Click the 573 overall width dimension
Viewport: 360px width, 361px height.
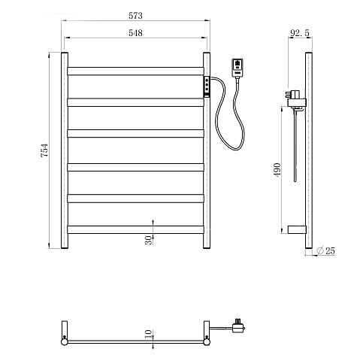135,16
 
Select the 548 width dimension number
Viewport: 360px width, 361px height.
135,33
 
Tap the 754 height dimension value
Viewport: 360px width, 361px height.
44,150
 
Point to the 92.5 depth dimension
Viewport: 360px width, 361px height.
300,33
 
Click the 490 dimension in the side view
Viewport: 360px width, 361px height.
277,170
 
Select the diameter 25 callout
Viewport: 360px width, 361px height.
326,250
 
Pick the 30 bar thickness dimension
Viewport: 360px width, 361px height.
149,240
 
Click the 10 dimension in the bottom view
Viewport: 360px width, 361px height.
149,334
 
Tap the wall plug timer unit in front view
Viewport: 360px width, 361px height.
237,68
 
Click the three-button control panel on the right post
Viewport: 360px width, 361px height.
207,86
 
